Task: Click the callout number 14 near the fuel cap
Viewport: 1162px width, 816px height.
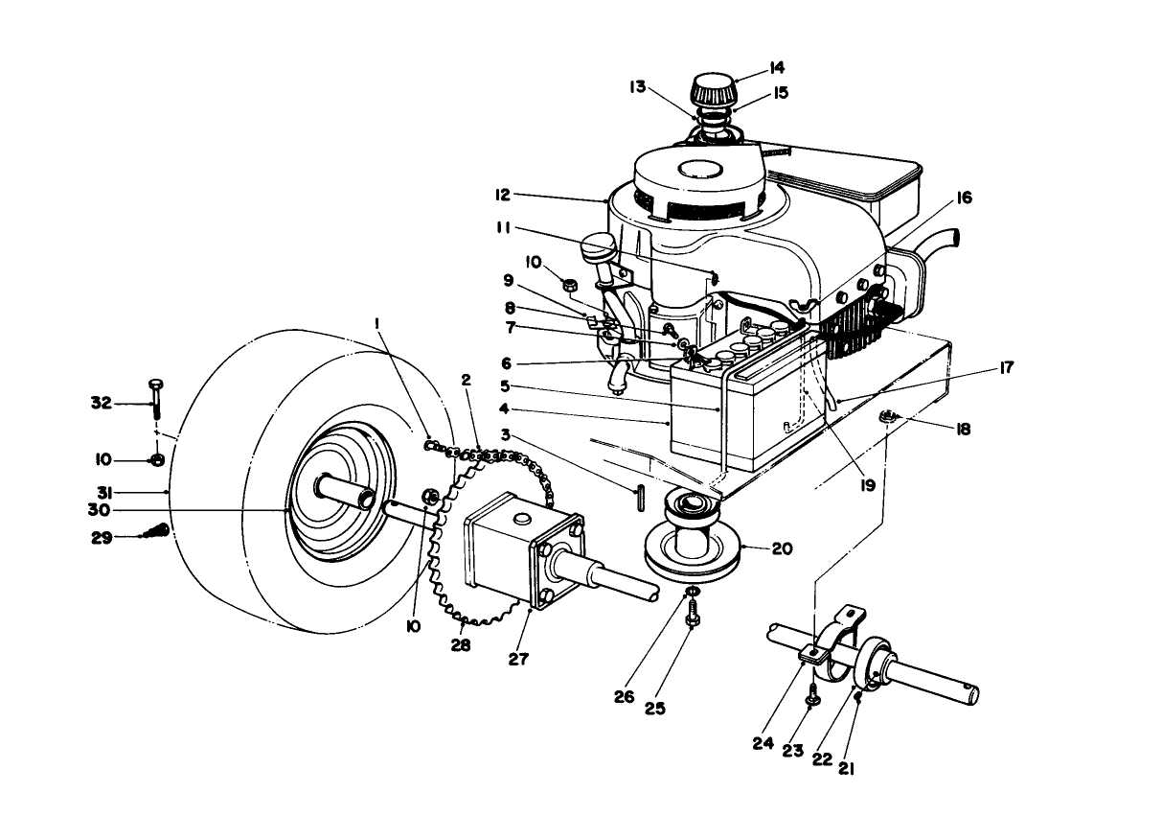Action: (776, 67)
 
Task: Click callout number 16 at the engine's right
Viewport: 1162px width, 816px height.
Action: (964, 198)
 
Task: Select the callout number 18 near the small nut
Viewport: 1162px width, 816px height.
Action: (963, 430)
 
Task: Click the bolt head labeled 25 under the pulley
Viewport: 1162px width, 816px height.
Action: (690, 622)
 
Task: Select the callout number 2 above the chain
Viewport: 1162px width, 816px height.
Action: (466, 380)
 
